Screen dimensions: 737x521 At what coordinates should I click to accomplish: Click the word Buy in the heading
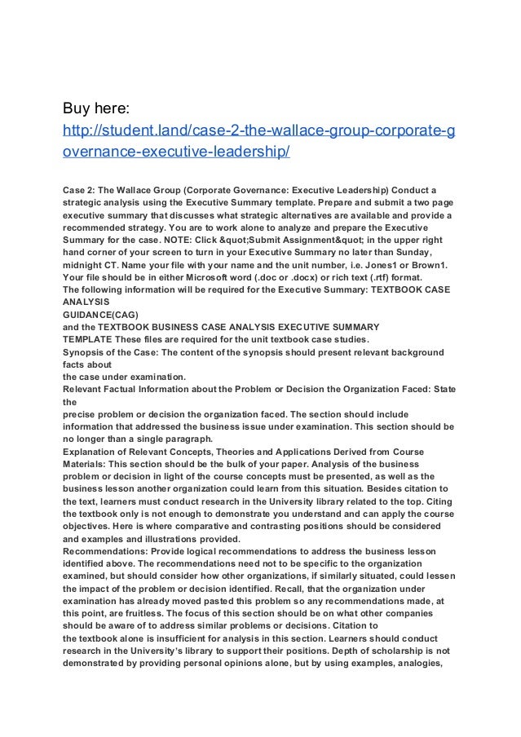[x=78, y=108]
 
